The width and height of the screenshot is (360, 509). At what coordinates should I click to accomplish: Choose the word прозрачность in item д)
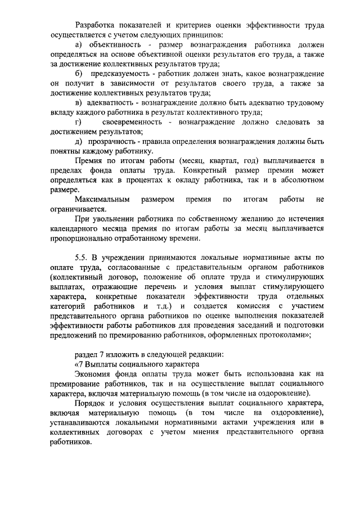[112, 142]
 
